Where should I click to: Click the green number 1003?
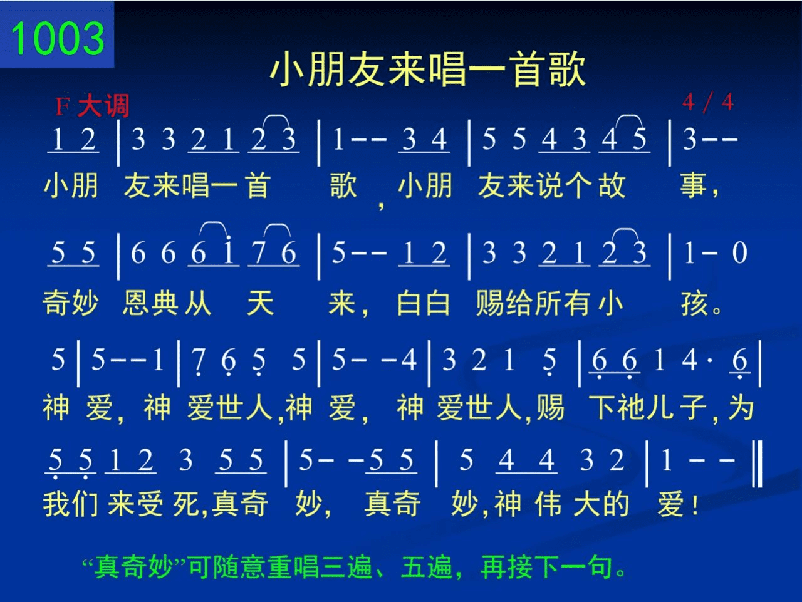tap(58, 38)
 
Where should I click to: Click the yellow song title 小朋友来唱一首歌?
tap(428, 70)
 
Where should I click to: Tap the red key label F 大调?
tap(92, 106)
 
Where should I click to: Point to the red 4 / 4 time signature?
tap(708, 102)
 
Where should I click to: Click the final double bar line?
tap(758, 464)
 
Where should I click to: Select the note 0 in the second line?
tap(739, 252)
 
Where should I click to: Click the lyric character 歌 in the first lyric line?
tap(343, 185)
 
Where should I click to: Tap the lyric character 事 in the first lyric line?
tap(693, 185)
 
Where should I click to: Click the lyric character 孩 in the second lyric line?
tap(694, 303)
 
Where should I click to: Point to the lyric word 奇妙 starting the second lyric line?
tap(71, 303)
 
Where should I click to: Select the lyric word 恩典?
tap(150, 303)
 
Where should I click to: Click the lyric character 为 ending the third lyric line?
tap(741, 407)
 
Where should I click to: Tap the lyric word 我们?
tap(71, 504)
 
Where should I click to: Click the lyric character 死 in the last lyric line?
tap(186, 504)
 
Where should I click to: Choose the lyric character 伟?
tap(548, 504)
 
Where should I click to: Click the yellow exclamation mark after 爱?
tap(695, 505)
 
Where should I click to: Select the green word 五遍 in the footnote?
tap(427, 567)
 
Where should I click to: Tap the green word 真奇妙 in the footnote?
tap(133, 567)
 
